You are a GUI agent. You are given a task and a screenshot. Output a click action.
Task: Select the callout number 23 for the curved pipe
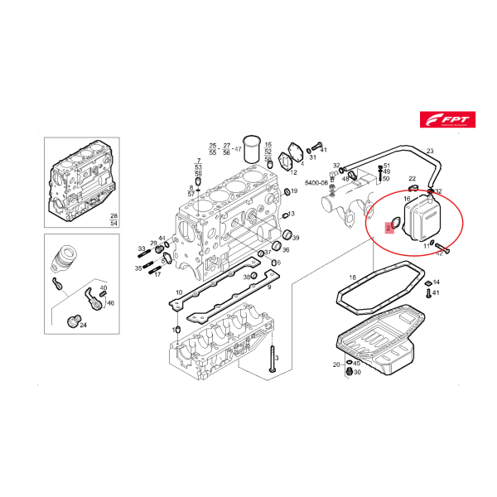pyautogui.click(x=430, y=151)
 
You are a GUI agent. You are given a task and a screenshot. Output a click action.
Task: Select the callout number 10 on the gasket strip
pyautogui.click(x=179, y=292)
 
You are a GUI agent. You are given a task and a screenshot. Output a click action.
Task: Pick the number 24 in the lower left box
pyautogui.click(x=83, y=325)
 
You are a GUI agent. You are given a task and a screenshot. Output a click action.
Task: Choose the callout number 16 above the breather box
pyautogui.click(x=407, y=200)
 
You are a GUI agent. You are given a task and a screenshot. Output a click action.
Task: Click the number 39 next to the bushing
pyautogui.click(x=296, y=239)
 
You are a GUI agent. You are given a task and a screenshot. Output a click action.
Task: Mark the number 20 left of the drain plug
pyautogui.click(x=336, y=364)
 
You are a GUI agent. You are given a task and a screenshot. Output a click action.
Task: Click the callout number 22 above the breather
pyautogui.click(x=413, y=178)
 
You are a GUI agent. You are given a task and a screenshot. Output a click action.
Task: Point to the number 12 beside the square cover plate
pyautogui.click(x=293, y=171)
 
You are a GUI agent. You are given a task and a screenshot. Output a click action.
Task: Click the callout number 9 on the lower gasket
pyautogui.click(x=269, y=287)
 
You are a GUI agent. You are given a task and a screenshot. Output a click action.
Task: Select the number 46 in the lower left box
pyautogui.click(x=110, y=303)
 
